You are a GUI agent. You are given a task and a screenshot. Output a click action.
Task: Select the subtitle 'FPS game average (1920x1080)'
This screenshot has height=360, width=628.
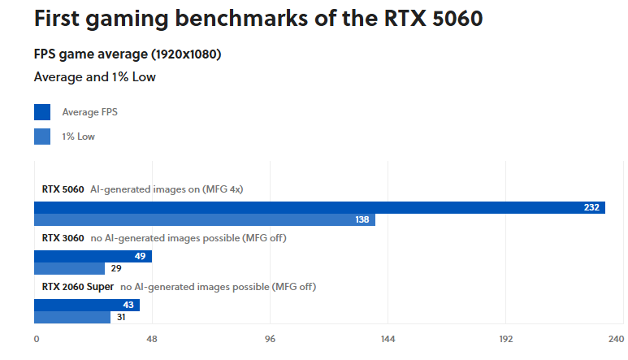pyautogui.click(x=128, y=54)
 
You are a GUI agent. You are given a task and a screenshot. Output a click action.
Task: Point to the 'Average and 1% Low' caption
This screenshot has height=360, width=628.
pyautogui.click(x=94, y=77)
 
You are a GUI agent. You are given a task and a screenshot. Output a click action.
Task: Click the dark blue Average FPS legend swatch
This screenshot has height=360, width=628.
pyautogui.click(x=42, y=112)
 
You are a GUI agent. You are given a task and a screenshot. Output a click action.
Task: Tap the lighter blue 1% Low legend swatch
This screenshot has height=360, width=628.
pyautogui.click(x=42, y=137)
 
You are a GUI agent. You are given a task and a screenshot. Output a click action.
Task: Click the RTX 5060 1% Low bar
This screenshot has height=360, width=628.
pyautogui.click(x=204, y=220)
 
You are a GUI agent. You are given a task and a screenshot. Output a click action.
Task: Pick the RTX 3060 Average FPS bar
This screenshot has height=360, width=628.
pyautogui.click(x=93, y=257)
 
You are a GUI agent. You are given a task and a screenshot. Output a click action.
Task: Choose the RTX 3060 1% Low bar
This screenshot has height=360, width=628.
pyautogui.click(x=69, y=269)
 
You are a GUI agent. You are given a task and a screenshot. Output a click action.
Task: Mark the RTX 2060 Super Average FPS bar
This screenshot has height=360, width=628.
pyautogui.click(x=86, y=306)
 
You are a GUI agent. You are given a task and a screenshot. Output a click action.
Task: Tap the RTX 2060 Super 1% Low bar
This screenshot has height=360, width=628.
pyautogui.click(x=71, y=318)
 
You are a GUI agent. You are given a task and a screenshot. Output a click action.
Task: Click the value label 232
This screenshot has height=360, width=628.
pyautogui.click(x=591, y=208)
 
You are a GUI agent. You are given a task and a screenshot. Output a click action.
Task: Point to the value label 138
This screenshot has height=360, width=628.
pyautogui.click(x=362, y=220)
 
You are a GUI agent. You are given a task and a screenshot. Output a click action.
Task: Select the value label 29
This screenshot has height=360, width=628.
pyautogui.click(x=116, y=269)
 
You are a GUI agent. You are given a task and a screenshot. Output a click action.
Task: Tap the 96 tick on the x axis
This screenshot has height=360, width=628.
pyautogui.click(x=271, y=339)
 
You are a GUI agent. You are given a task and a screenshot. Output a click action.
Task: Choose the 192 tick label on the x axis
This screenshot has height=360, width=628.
pyautogui.click(x=505, y=339)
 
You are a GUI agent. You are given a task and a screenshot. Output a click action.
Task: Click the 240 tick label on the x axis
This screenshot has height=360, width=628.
pyautogui.click(x=615, y=339)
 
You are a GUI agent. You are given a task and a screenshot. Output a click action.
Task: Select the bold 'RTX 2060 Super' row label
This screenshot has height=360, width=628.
pyautogui.click(x=78, y=287)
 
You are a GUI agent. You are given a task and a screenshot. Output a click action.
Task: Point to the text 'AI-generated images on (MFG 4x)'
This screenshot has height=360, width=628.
pyautogui.click(x=167, y=189)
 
